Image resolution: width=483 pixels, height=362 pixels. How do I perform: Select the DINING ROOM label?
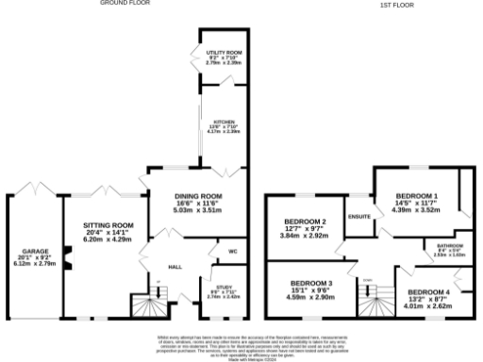click(197, 197)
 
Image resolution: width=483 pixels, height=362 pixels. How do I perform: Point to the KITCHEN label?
click(225, 123)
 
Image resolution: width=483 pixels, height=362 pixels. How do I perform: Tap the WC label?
click(232, 252)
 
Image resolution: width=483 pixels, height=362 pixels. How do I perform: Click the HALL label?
click(175, 268)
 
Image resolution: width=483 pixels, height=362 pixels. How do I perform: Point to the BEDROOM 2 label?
click(304, 222)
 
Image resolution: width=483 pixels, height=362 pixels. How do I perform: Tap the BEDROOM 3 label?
click(310, 284)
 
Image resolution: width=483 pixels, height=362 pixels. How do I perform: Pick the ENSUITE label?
click(359, 217)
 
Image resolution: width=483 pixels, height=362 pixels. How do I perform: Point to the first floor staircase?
click(374, 300)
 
